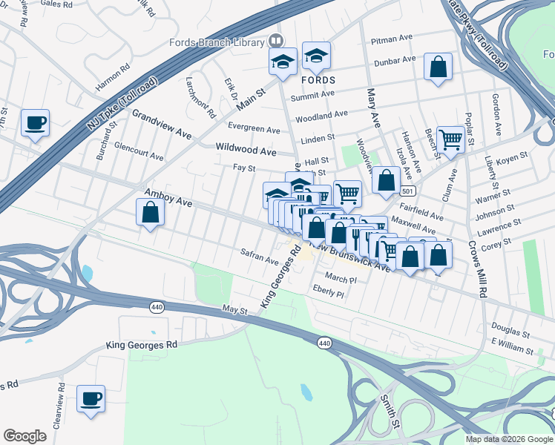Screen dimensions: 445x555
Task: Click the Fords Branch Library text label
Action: coord(217,42)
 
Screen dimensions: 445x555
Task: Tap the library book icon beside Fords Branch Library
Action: coord(276,40)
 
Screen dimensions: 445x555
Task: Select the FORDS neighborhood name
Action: coord(318,79)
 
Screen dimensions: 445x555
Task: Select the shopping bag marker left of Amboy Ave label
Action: coord(151,212)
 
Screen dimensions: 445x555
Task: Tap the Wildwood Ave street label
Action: coord(246,151)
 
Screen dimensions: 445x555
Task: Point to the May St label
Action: coord(234,311)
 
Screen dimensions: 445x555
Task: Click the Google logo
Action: coord(24,436)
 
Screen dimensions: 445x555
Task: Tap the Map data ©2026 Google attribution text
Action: coord(508,439)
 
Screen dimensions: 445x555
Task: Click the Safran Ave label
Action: coord(259,257)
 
